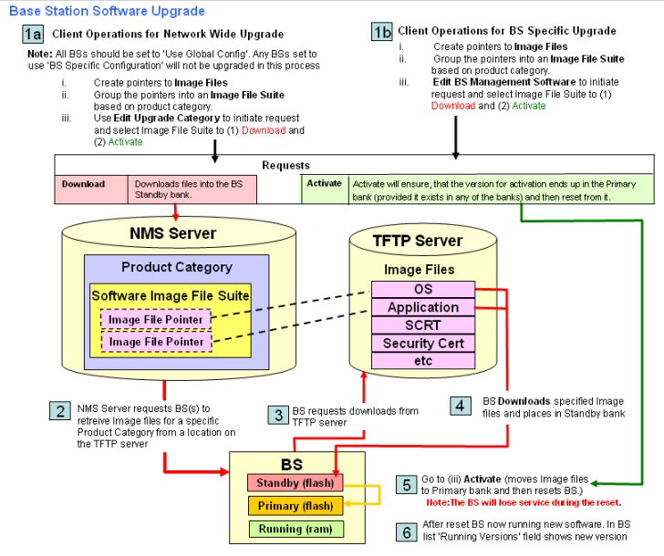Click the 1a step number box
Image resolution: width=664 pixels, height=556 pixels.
pyautogui.click(x=33, y=34)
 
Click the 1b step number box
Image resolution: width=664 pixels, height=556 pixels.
pyautogui.click(x=382, y=32)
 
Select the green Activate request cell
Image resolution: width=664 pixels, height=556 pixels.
pyautogui.click(x=323, y=183)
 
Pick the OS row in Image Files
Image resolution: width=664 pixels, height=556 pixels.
pyautogui.click(x=423, y=289)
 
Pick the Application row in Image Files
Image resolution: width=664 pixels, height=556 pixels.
pyautogui.click(x=423, y=307)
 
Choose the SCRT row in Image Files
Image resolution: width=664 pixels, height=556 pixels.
pyautogui.click(x=423, y=325)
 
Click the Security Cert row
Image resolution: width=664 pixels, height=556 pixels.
pyautogui.click(x=423, y=344)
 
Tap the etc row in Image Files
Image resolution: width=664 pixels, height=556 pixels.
pyautogui.click(x=423, y=361)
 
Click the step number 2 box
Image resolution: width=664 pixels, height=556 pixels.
pyautogui.click(x=59, y=410)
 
